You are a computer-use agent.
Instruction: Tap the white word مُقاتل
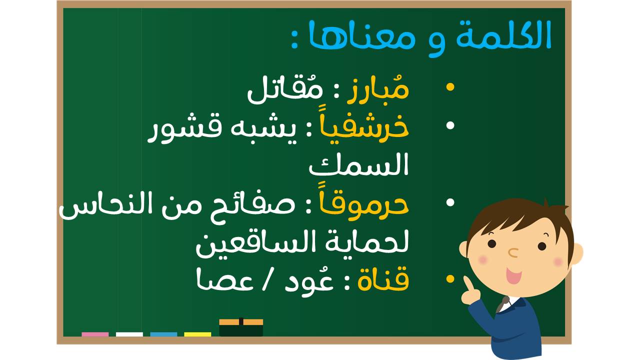tap(285, 91)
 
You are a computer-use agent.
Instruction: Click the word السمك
tap(358, 165)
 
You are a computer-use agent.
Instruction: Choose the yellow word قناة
tap(383, 280)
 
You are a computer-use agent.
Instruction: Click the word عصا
tap(225, 281)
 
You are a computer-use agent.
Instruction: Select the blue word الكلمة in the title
tap(503, 35)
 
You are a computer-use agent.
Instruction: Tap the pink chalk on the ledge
tap(95, 334)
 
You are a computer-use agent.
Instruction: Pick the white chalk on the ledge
tap(129, 334)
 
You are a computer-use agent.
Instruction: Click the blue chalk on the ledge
tap(163, 334)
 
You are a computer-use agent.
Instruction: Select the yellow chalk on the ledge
tap(197, 334)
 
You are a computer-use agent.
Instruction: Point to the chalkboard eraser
tap(241, 327)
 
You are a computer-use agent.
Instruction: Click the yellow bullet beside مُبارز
tap(450, 87)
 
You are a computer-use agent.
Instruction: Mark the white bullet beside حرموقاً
tap(450, 202)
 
